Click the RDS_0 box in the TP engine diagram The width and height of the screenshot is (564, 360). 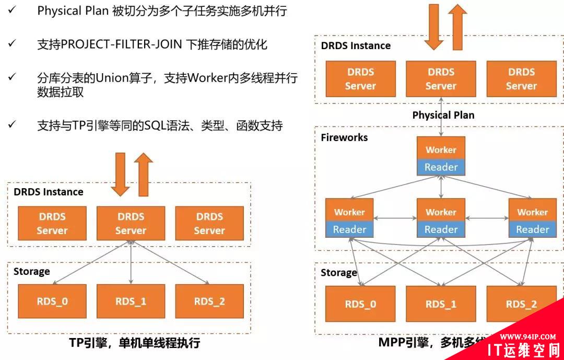(52, 301)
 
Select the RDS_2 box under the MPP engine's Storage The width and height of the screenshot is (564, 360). (521, 304)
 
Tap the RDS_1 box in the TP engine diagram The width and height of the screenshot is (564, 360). (131, 301)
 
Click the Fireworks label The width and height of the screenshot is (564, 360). (344, 137)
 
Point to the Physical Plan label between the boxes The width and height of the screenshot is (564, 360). (443, 115)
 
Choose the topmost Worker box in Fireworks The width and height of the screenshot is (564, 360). (441, 149)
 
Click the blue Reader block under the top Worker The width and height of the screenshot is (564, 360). (441, 167)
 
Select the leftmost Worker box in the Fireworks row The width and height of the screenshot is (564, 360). (349, 212)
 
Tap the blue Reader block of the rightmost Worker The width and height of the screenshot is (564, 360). (532, 229)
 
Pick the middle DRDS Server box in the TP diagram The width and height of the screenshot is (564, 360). (131, 224)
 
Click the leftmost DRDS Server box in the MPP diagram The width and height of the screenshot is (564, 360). (360, 79)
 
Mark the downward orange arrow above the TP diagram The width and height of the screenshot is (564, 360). (121, 174)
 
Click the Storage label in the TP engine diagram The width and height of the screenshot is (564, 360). (31, 271)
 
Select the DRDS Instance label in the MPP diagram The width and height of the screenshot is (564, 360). (356, 45)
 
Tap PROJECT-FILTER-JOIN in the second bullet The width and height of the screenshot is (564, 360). (122, 44)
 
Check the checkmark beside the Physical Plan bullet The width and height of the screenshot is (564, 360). (11, 10)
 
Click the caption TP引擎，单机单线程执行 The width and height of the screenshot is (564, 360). (135, 343)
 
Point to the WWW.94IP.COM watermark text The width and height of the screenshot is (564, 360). (527, 336)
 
